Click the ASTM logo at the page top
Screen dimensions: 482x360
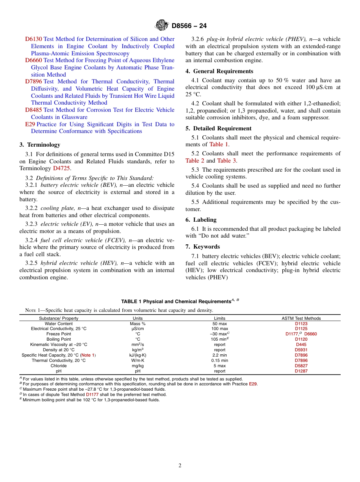coord(162,25)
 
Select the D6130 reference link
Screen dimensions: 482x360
coord(33,39)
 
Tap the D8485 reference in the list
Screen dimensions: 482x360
coord(33,110)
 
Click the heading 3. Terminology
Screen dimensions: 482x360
coord(40,145)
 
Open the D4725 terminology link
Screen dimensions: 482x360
coord(61,169)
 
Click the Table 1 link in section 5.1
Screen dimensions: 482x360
coord(219,144)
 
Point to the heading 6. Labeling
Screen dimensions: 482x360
coord(201,220)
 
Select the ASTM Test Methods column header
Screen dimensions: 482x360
coord(301,318)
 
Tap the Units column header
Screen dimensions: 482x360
coord(138,318)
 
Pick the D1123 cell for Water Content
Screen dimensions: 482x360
coord(301,324)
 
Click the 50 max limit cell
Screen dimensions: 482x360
coord(219,324)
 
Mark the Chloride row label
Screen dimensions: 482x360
coord(59,366)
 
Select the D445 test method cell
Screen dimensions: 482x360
coord(301,344)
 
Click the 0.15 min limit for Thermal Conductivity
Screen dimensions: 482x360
coord(219,360)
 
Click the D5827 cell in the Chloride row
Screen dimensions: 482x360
coord(301,366)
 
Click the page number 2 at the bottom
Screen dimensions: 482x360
coord(180,466)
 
